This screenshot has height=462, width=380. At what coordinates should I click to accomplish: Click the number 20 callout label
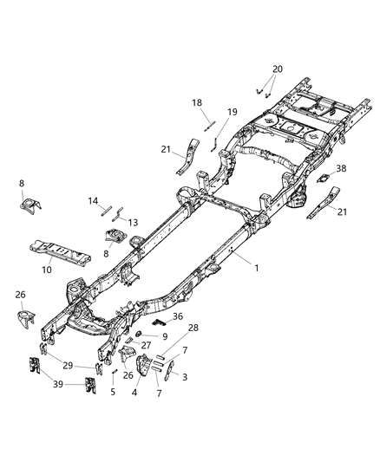[277, 68]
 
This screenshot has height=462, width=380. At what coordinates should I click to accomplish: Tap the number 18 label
[197, 102]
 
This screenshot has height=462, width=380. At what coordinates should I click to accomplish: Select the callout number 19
[232, 112]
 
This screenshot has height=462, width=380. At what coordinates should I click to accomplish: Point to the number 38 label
[341, 169]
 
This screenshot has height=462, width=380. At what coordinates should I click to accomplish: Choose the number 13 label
[133, 222]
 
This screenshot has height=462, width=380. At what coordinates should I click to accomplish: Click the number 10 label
[47, 270]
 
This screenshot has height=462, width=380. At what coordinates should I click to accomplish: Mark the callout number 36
[178, 316]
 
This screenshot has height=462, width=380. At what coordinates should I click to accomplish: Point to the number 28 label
[193, 327]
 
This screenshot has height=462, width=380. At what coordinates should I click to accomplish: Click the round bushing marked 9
[139, 335]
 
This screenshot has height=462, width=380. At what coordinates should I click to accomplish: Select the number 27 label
[146, 345]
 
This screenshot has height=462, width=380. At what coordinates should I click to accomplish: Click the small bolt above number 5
[115, 372]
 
